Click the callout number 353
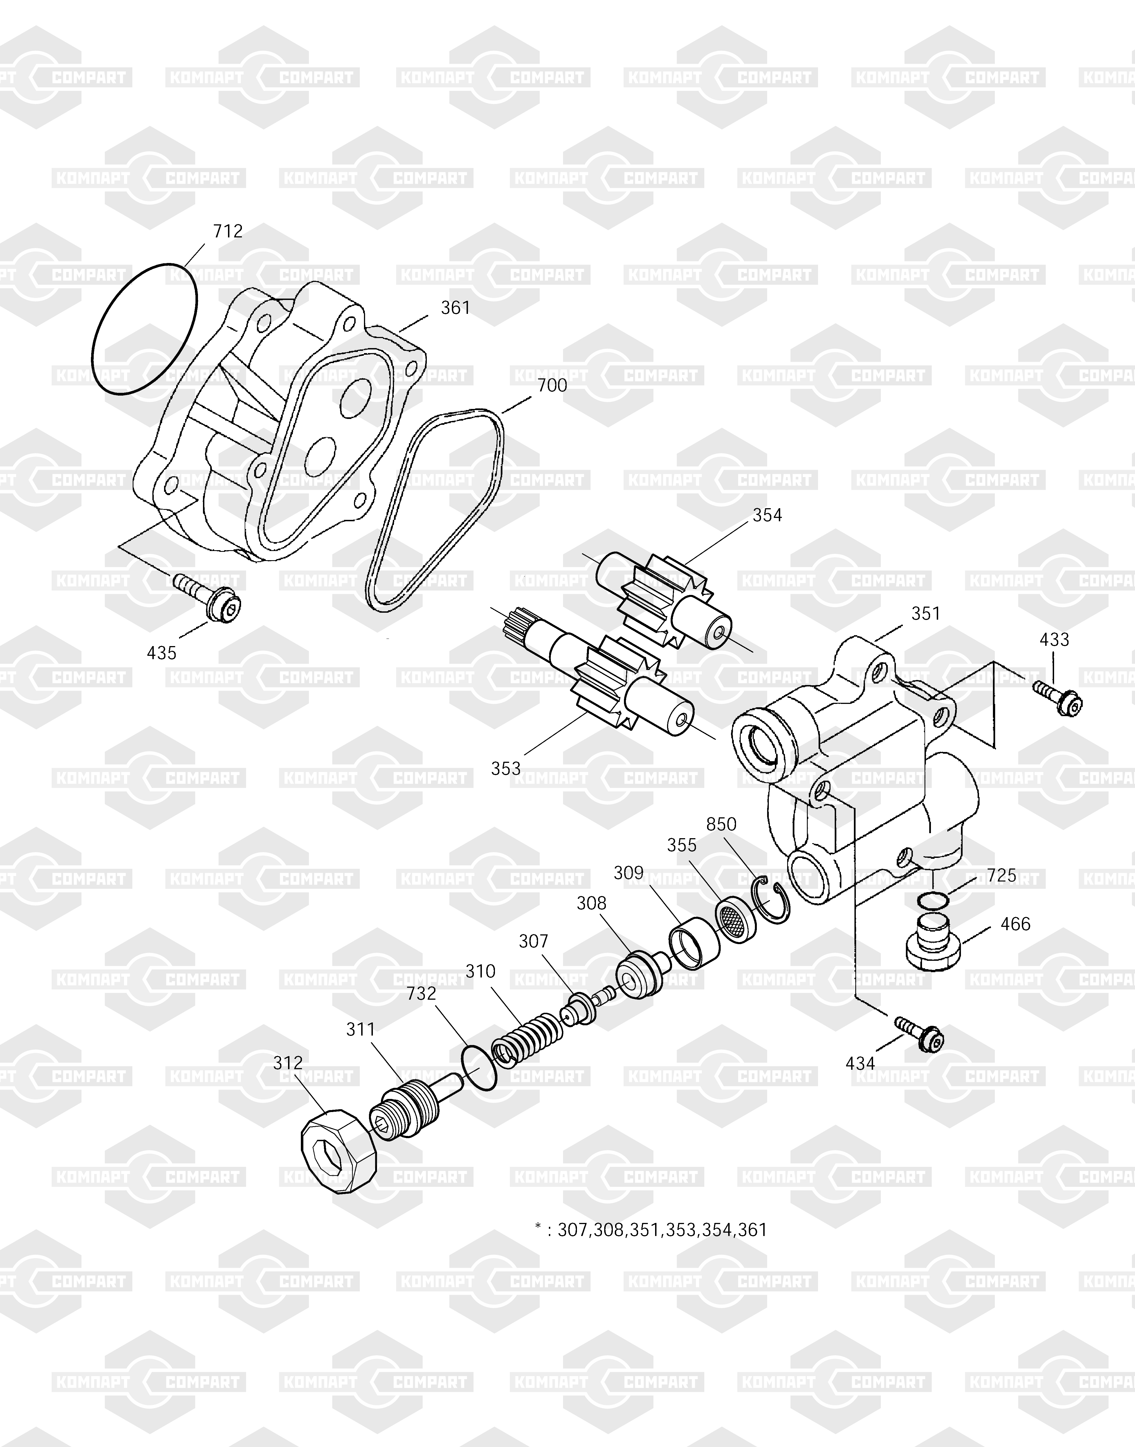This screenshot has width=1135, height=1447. pyautogui.click(x=506, y=769)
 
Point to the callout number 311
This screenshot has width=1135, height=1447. pyautogui.click(x=361, y=1029)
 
